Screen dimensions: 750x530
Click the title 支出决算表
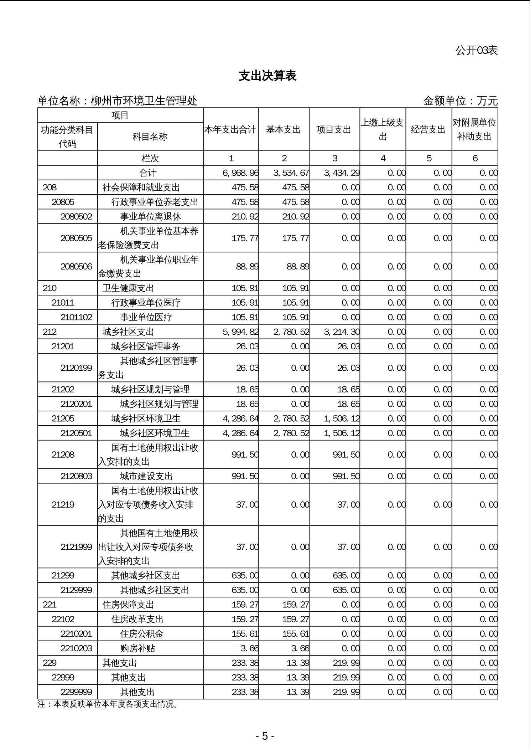267,76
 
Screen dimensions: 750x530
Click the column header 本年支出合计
230,130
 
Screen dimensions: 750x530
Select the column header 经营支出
428,130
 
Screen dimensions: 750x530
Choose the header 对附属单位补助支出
474,130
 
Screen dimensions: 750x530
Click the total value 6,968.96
240,173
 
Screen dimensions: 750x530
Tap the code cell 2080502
76,217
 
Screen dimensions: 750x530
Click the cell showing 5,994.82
240,332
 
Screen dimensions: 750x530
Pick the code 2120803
76,476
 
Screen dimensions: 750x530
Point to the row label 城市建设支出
146,476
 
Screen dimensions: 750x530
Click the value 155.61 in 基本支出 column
296,634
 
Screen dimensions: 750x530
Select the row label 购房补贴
137,648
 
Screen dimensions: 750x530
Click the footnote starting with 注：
108,704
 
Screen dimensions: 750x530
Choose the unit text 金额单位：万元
460,101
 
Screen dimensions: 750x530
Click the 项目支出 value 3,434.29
342,173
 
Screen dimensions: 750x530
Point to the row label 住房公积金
142,634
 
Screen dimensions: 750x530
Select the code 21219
63,505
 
